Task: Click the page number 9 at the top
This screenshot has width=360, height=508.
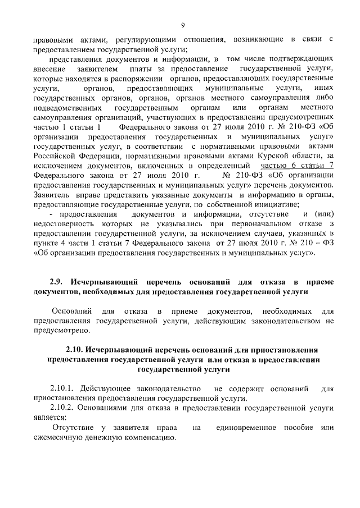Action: [183, 24]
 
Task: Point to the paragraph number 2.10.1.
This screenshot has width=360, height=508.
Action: [64, 388]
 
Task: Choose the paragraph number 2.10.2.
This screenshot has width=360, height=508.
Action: [64, 408]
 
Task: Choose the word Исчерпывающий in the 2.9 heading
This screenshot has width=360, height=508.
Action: [101, 282]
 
